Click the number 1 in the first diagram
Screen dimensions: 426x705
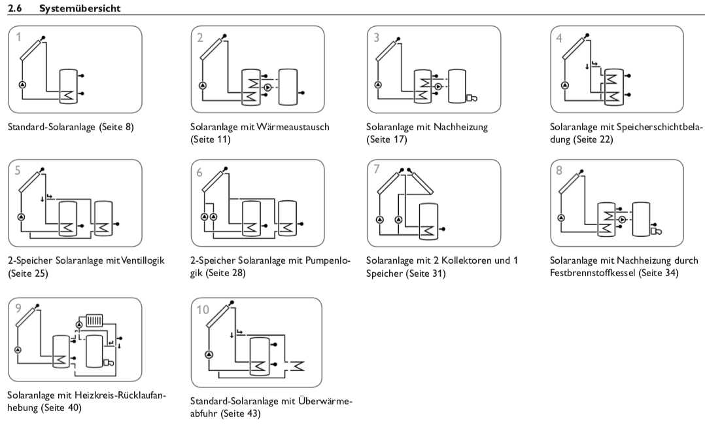(x=20, y=37)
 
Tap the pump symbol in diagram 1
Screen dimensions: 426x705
(x=22, y=85)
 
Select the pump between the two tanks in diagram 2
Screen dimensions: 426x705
(x=267, y=87)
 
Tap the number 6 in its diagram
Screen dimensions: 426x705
(x=199, y=172)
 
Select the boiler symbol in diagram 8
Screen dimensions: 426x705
(x=654, y=230)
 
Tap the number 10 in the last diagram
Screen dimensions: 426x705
(x=203, y=310)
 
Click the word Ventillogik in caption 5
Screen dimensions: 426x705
(x=139, y=260)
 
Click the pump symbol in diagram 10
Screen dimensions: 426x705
(x=209, y=354)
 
